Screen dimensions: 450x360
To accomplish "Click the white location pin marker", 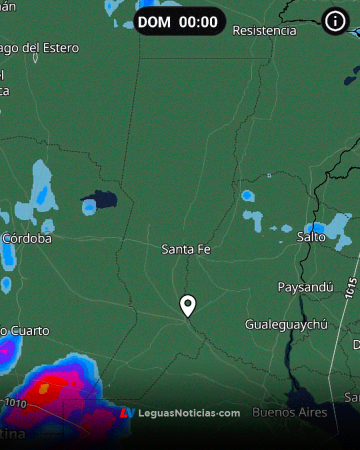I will point(187,305).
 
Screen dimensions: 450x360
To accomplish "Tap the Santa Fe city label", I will point(186,249).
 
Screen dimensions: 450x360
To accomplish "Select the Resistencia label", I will point(264,30).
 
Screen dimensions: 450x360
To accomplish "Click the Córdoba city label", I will point(27,238).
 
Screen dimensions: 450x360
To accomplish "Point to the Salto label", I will point(311,236).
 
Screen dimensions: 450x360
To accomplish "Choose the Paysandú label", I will point(305,287).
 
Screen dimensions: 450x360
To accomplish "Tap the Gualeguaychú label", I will point(286,324).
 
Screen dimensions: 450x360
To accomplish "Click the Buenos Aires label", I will point(289,412).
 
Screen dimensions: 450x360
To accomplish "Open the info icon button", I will point(335,21).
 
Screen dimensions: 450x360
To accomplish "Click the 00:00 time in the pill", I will point(198,22).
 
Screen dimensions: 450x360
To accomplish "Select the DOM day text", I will point(154,22).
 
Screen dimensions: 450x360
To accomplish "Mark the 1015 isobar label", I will point(350,289).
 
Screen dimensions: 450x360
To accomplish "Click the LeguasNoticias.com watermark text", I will point(189,413).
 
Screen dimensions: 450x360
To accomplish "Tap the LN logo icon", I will point(127,413).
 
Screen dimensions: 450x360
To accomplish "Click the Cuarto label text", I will point(30,330).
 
